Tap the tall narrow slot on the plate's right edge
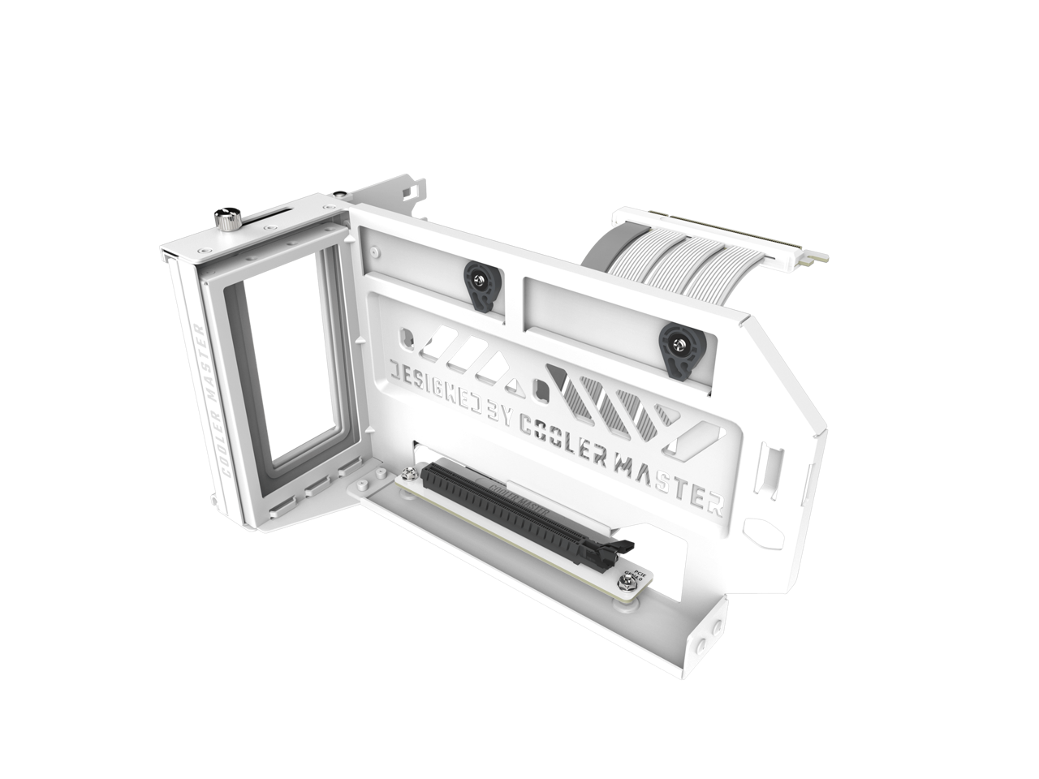point(767,471)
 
